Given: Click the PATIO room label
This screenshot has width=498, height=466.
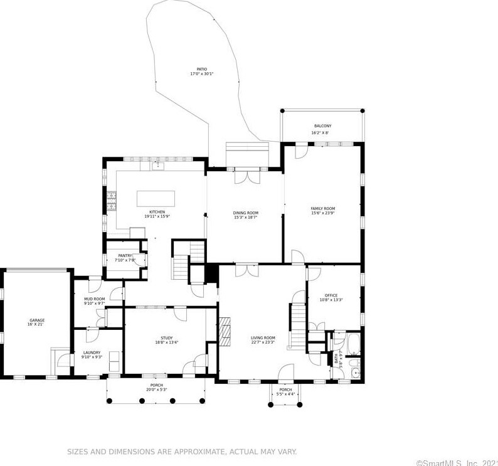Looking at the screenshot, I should (x=202, y=69).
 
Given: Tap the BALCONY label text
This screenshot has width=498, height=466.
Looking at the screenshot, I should (x=322, y=126).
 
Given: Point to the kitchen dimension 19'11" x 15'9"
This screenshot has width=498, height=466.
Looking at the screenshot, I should (x=157, y=216).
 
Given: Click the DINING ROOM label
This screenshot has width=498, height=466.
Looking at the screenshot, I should (x=246, y=213).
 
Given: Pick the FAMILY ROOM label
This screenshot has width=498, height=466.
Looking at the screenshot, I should (x=323, y=208).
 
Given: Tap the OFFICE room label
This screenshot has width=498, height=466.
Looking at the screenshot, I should (x=331, y=295).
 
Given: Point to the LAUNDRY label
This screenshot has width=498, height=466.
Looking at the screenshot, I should (x=92, y=352).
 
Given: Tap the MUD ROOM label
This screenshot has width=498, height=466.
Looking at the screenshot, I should (x=94, y=299).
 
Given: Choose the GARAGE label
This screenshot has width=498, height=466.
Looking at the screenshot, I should (x=36, y=320).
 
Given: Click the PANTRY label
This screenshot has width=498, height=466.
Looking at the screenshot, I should (x=125, y=255).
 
